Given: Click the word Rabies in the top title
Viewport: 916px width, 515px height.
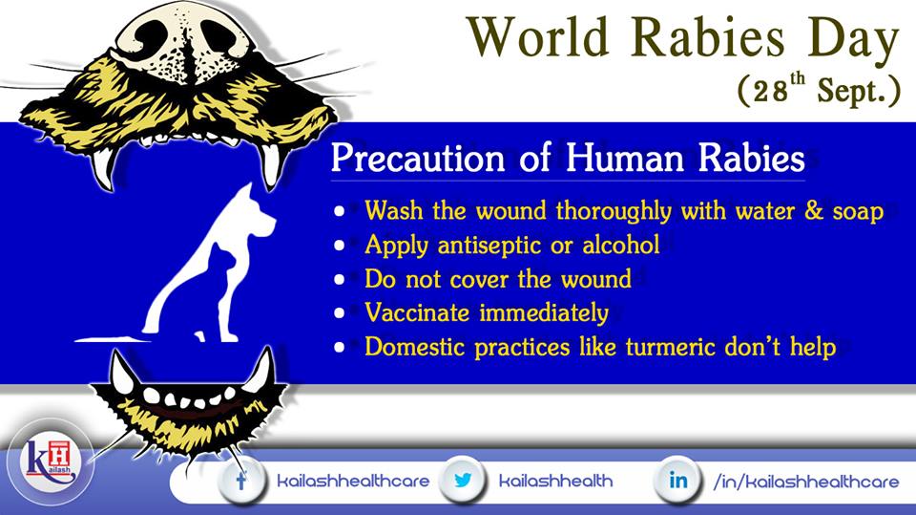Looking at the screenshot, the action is tap(707, 38).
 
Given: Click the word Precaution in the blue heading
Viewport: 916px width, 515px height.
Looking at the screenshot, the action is tap(418, 159).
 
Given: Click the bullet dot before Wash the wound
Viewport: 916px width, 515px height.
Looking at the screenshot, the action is tap(340, 211).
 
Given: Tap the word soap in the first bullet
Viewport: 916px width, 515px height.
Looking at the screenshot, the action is tap(858, 212).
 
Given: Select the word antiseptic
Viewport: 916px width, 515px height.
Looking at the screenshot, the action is tap(490, 246).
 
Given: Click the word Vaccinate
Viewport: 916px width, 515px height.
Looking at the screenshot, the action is tap(417, 312).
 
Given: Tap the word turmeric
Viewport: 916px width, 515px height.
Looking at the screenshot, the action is tap(671, 347).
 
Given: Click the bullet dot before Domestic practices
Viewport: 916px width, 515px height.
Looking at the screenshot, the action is tap(340, 347).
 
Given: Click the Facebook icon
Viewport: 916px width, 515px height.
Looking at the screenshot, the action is tap(241, 481).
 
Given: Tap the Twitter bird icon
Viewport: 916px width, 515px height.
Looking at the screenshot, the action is tap(463, 481).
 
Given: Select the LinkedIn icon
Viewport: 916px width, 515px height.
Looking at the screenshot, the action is tap(678, 481).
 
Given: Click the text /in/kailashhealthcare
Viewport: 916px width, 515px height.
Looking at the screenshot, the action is tap(806, 481).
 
